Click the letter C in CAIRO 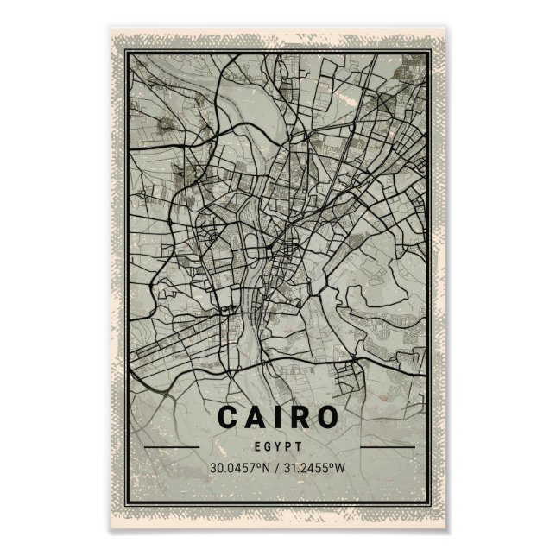coord(228,417)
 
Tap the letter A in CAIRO coord(256,417)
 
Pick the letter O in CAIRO coord(326,417)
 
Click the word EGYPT coord(278,447)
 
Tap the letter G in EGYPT coord(268,447)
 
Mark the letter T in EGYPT coord(298,447)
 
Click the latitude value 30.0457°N coord(239,469)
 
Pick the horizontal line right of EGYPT coord(386,447)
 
